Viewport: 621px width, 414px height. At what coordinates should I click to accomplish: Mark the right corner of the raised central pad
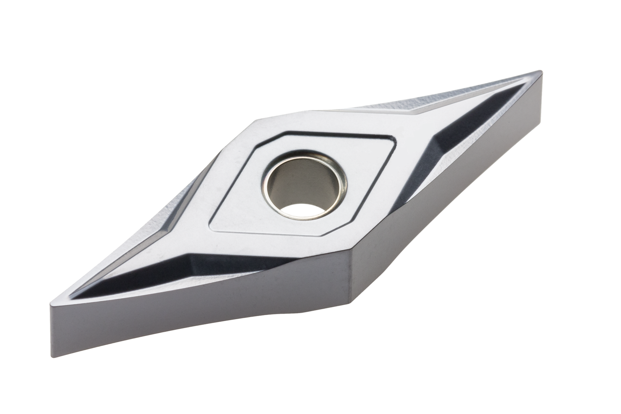coord(395,142)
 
